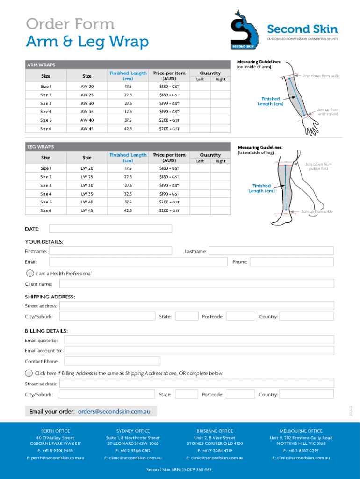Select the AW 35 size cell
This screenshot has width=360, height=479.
[87, 112]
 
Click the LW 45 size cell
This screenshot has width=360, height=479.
[87, 210]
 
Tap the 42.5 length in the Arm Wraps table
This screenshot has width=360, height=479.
[128, 129]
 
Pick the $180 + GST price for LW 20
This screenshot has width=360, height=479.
[169, 168]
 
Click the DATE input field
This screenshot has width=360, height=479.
[110, 228]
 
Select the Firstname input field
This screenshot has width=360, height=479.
[110, 251]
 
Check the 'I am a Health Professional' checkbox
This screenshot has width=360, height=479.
[30, 273]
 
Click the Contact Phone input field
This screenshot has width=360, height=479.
[112, 361]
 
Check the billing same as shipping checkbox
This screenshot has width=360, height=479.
[29, 373]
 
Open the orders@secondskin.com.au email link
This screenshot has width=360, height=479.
[114, 412]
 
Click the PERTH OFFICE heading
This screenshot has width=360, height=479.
[56, 431]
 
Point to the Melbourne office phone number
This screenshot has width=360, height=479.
[301, 450]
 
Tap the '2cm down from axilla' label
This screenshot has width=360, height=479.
[320, 75]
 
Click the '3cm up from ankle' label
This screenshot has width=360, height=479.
[317, 212]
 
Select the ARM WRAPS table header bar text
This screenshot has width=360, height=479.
[41, 65]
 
